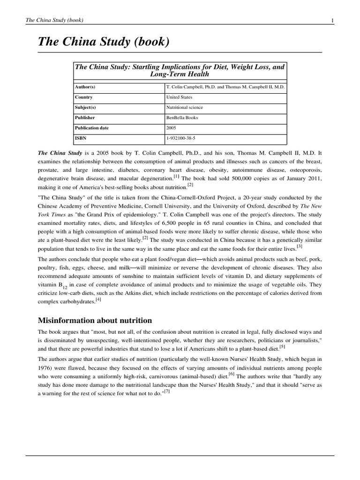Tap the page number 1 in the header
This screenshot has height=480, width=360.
(x=332, y=20)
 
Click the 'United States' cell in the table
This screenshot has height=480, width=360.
(x=179, y=97)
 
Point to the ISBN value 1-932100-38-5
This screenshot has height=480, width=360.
(x=181, y=138)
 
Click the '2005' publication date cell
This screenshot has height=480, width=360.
(x=171, y=128)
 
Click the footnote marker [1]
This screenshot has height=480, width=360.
(x=176, y=177)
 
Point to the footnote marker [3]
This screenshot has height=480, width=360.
(x=300, y=246)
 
